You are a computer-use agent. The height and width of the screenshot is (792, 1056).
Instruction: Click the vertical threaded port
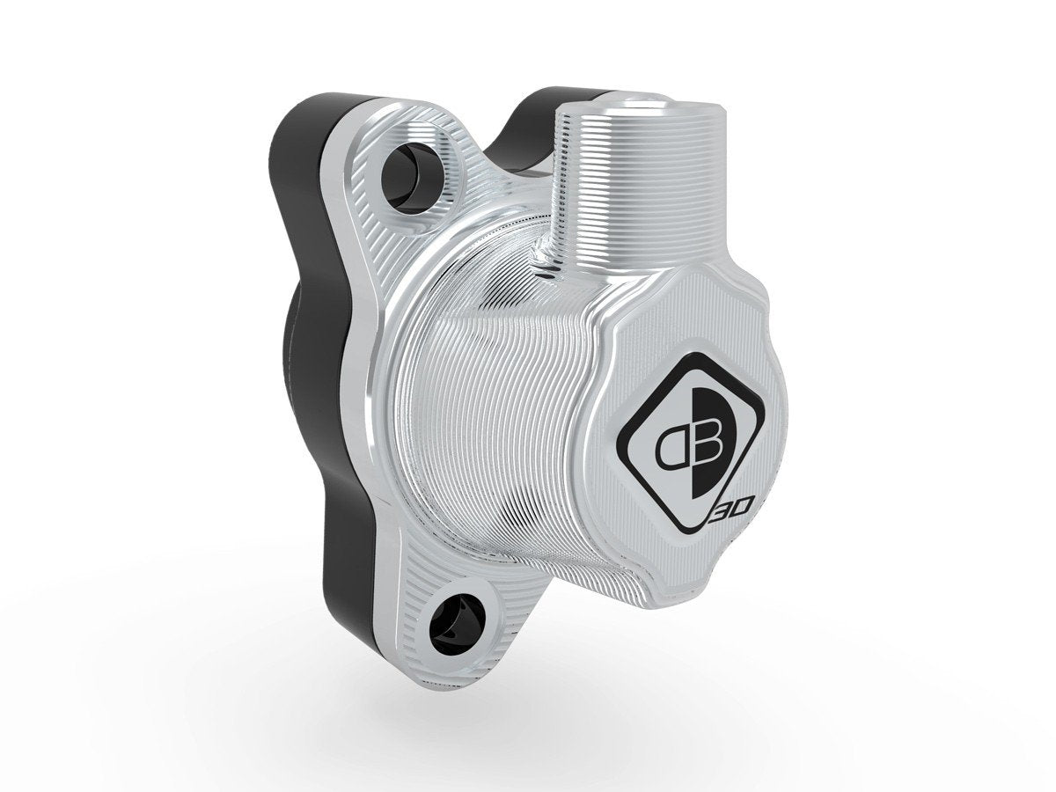point(616,194)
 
